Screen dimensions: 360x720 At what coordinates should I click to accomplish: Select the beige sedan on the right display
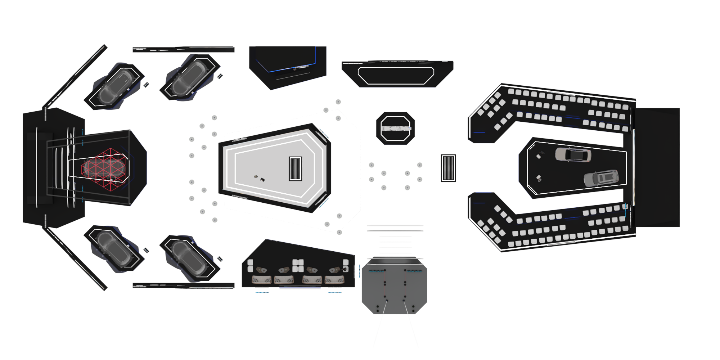573,154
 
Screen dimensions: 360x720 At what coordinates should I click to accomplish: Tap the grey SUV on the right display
601,178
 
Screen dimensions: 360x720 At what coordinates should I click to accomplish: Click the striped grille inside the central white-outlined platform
295,168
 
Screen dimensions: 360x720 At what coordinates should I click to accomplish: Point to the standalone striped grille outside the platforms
448,168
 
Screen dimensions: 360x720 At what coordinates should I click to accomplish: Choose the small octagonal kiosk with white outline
395,129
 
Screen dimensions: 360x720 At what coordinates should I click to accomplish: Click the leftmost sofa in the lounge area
261,280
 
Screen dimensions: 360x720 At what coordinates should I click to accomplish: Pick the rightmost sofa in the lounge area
334,280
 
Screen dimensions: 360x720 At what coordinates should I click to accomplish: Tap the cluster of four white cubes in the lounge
298,265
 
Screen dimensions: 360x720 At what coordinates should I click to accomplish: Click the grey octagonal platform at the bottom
394,288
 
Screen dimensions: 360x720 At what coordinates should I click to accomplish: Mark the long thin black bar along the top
184,49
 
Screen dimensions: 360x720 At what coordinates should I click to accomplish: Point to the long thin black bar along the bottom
184,285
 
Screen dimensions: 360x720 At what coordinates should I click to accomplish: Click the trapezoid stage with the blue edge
288,65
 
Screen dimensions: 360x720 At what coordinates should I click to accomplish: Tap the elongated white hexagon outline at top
396,76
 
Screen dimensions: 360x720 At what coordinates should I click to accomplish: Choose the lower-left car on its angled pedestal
114,248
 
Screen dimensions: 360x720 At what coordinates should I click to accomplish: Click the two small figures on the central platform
259,178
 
